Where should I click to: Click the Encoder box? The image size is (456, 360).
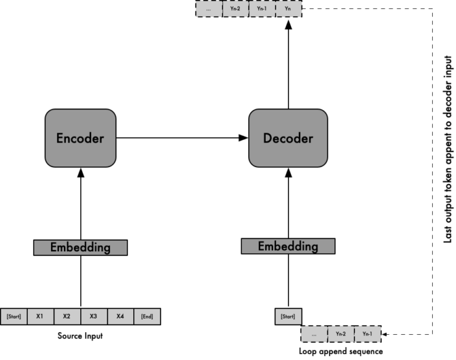[x=80, y=137]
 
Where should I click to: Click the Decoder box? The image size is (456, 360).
[x=288, y=137]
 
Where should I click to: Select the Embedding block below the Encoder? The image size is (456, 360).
[x=80, y=247]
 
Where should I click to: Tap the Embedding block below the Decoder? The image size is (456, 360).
[x=288, y=246]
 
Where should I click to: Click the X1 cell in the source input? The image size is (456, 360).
[x=40, y=317]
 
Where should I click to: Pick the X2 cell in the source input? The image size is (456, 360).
[x=67, y=317]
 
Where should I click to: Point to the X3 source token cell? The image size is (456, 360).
[x=93, y=317]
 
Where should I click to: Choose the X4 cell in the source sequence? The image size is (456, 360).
[x=120, y=317]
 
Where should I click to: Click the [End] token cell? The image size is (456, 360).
[x=147, y=317]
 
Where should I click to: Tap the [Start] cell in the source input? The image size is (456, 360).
[x=14, y=317]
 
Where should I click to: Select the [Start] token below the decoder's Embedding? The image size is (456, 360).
[x=288, y=317]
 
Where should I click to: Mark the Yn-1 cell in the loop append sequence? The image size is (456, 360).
[x=367, y=334]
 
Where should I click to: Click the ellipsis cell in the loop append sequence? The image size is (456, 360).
[x=314, y=334]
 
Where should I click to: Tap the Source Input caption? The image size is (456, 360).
[x=80, y=337]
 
